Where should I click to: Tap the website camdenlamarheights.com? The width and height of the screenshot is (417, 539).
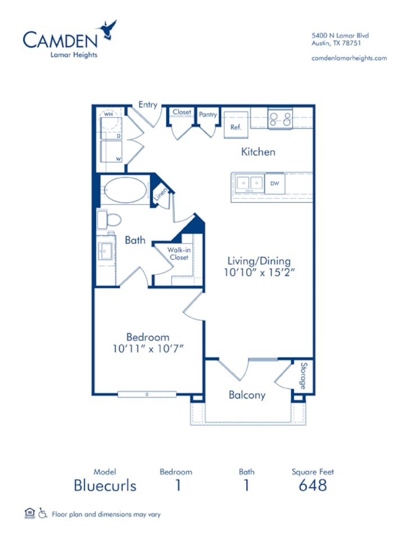pos(348,58)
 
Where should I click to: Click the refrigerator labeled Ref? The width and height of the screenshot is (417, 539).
pos(236,124)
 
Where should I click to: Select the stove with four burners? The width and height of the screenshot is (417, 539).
pos(280,119)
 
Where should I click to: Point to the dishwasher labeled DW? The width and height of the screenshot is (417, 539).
pos(275,184)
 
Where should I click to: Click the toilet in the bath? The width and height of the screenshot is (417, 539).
pos(110,220)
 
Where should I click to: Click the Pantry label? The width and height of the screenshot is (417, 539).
pos(207,115)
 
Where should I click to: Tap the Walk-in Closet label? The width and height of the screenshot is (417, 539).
pos(178,254)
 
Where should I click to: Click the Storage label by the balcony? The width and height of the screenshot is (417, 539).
pos(302,376)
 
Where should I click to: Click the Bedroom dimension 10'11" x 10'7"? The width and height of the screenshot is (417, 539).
pos(148,348)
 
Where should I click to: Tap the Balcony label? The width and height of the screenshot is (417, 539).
pos(247,395)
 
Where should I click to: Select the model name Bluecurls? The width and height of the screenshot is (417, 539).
pos(105,485)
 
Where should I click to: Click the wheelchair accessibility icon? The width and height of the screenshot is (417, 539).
pos(43,513)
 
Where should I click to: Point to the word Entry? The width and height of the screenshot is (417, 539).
pos(148,105)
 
